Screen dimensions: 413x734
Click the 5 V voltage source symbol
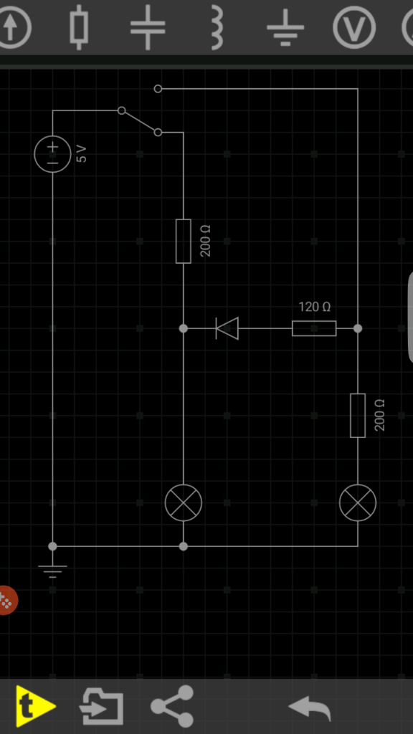point(52,153)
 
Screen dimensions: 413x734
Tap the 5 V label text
point(82,153)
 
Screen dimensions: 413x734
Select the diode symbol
point(227,328)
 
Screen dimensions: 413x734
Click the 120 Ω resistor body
point(314,328)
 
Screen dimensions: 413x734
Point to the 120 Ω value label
point(315,307)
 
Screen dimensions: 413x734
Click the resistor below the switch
point(184,241)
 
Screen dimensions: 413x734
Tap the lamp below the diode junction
point(184,502)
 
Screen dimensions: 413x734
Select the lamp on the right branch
point(358,502)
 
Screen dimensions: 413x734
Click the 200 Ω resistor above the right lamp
point(358,416)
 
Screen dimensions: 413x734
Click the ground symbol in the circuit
point(52,571)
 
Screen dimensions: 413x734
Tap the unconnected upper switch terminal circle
point(158,88)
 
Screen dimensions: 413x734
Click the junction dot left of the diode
point(184,328)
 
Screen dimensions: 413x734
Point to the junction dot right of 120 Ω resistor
point(358,328)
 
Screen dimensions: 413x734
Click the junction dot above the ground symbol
point(52,546)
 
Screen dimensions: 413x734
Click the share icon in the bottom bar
point(172,706)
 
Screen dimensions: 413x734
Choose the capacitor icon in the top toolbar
point(148,27)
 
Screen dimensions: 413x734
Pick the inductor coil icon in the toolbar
point(217,27)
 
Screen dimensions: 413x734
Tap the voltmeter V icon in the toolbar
point(354,27)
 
